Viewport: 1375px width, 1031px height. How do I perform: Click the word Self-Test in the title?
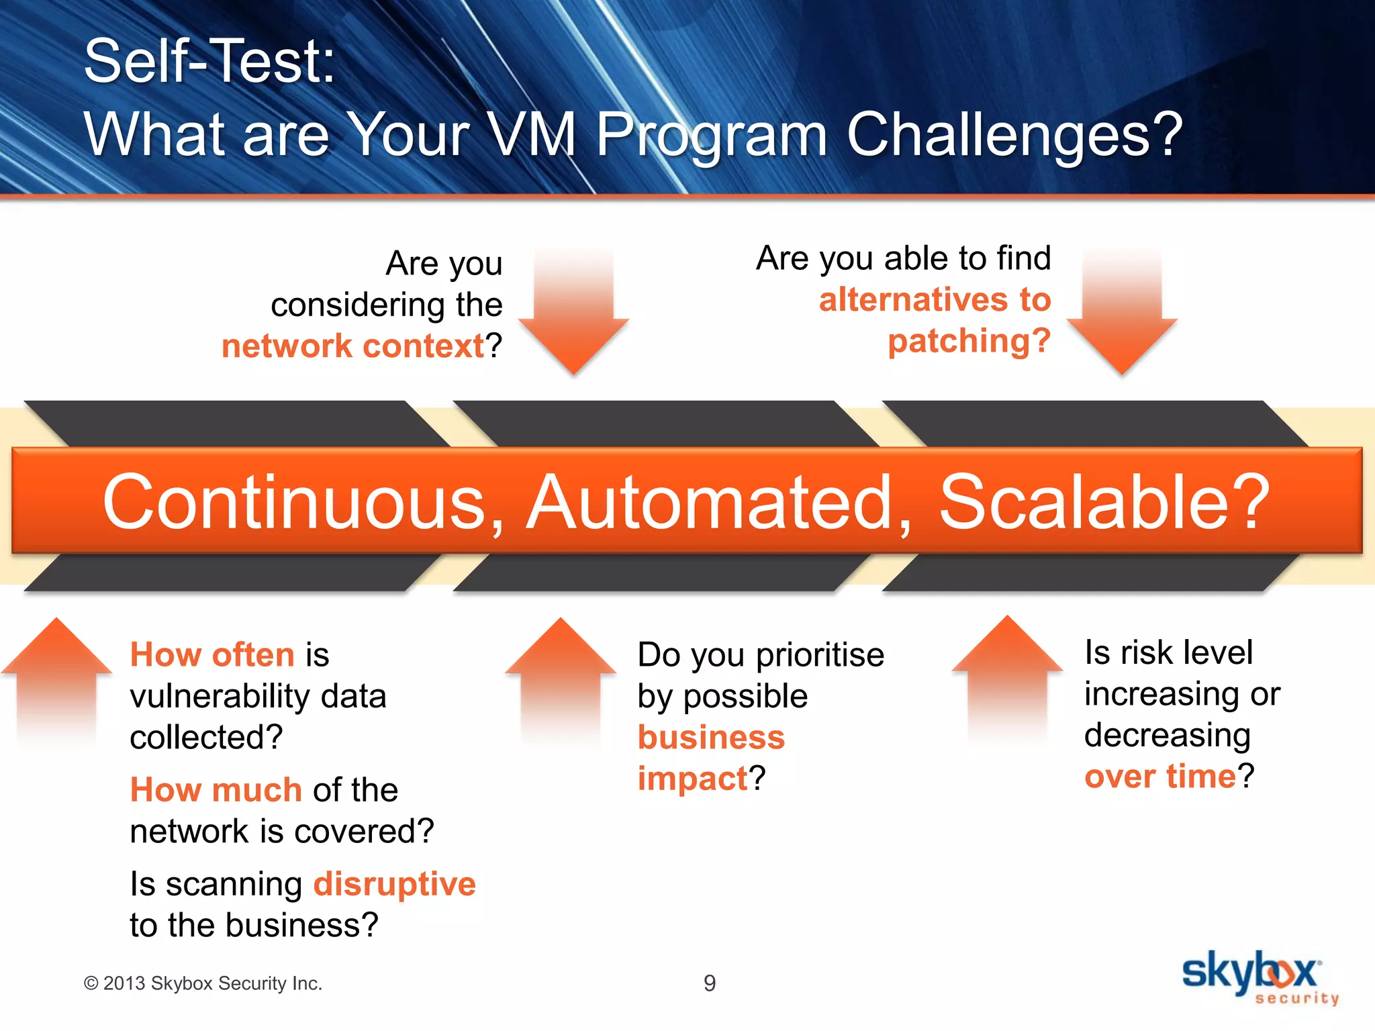[209, 62]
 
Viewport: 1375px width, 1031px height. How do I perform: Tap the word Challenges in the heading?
[1014, 135]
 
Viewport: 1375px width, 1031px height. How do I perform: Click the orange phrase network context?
[353, 346]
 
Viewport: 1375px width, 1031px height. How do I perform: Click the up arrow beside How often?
[56, 678]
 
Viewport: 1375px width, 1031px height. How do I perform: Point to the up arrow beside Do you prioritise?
[560, 678]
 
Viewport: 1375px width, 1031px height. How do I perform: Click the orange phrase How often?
[212, 655]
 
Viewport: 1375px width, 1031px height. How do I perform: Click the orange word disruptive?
[394, 884]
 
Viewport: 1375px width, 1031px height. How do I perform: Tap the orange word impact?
[692, 779]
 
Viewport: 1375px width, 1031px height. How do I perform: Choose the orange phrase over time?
[1160, 777]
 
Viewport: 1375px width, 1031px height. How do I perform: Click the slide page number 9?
[710, 983]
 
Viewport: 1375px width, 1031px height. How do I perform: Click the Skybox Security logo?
[1258, 977]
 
